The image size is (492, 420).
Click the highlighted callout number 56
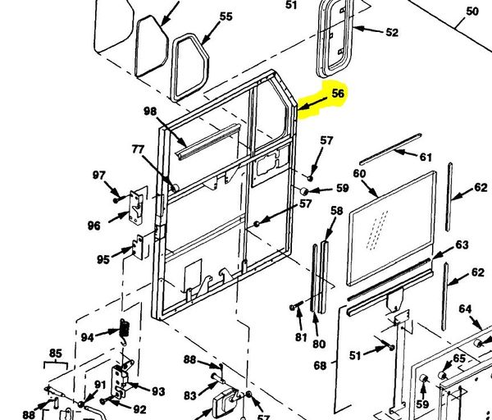pyautogui.click(x=338, y=94)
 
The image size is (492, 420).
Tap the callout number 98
pyautogui.click(x=150, y=111)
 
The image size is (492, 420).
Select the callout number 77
pyautogui.click(x=138, y=149)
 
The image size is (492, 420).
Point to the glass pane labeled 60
pyautogui.click(x=392, y=227)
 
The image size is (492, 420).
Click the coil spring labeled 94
pyautogui.click(x=125, y=331)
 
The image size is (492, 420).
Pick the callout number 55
pyautogui.click(x=226, y=16)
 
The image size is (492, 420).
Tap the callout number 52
pyautogui.click(x=392, y=32)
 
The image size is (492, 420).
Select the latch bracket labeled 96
pyautogui.click(x=137, y=208)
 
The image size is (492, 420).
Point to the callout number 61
pyautogui.click(x=426, y=157)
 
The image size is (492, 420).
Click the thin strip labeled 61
pyautogui.click(x=390, y=149)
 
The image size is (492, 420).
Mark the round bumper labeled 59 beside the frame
pyautogui.click(x=303, y=191)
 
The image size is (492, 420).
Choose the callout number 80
pyautogui.click(x=319, y=344)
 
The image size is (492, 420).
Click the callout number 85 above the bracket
pyautogui.click(x=55, y=354)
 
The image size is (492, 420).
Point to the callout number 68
pyautogui.click(x=320, y=365)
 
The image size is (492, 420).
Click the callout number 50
pyautogui.click(x=472, y=11)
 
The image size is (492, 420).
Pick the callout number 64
pyautogui.click(x=465, y=309)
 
